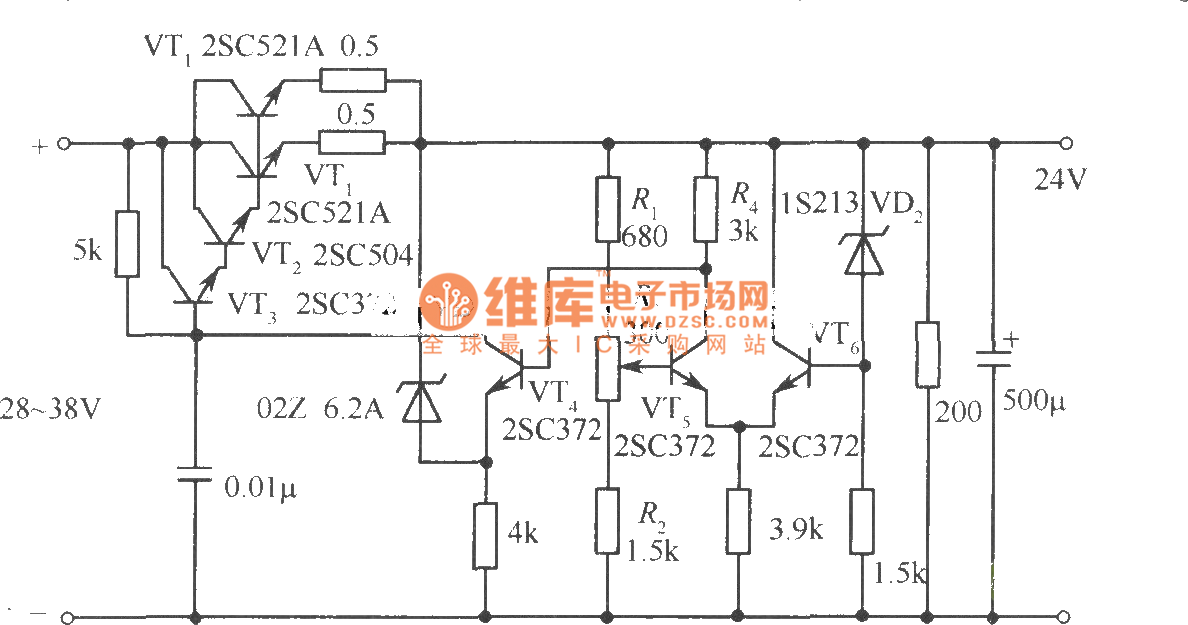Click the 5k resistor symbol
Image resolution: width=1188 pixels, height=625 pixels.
(x=127, y=243)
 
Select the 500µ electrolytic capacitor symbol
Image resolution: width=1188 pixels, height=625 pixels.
(x=992, y=360)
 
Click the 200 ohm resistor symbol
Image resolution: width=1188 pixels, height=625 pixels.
(x=928, y=354)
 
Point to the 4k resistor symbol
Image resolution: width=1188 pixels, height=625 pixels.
(x=485, y=536)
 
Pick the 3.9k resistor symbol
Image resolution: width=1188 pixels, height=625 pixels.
(x=738, y=521)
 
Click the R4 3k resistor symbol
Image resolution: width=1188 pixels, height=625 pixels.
(x=706, y=208)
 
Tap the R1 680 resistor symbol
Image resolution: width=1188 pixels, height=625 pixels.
(x=608, y=209)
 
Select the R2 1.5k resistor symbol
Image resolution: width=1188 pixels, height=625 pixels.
(x=608, y=520)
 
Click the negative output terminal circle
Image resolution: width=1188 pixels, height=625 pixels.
(x=1065, y=616)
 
